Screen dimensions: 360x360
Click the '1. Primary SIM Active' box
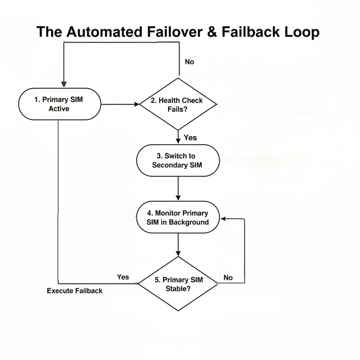click(x=59, y=104)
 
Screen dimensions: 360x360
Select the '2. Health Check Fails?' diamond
click(x=178, y=104)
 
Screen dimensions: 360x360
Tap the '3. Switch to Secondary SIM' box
click(x=178, y=160)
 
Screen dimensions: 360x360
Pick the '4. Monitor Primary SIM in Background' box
click(x=178, y=217)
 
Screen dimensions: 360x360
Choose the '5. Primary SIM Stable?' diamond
click(x=178, y=284)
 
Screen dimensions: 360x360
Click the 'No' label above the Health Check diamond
click(x=189, y=62)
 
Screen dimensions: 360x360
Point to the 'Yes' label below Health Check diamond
click(x=190, y=138)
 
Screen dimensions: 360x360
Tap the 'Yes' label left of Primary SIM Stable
click(x=123, y=277)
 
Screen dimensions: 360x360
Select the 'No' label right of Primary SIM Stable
click(x=228, y=278)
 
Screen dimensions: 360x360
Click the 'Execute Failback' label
click(x=75, y=291)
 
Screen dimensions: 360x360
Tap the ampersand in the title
click(x=212, y=32)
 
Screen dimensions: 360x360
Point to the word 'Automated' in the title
click(x=104, y=32)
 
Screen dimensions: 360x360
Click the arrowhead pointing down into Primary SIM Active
click(x=64, y=84)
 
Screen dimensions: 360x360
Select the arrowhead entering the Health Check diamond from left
click(x=137, y=104)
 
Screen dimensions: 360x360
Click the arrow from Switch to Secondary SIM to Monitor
click(x=178, y=188)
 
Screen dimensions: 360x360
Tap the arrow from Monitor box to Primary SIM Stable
click(x=178, y=245)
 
